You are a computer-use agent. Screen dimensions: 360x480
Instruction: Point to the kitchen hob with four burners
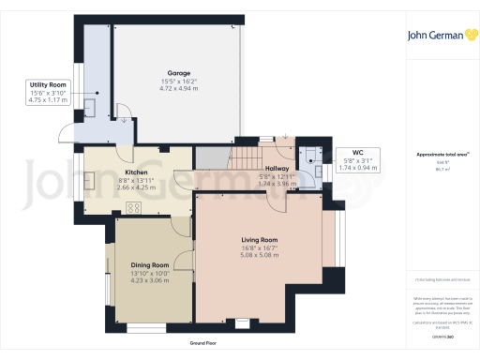(133, 209)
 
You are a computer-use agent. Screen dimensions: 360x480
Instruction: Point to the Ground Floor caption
(209, 344)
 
